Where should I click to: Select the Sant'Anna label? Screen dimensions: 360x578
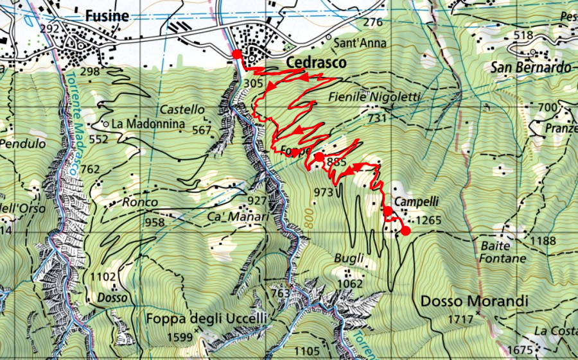point(361,44)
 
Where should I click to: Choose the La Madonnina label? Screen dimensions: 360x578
point(139,123)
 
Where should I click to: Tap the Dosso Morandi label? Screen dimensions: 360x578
point(474,301)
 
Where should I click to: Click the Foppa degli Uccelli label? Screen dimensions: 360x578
point(206,318)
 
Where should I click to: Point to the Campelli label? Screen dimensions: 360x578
point(416,201)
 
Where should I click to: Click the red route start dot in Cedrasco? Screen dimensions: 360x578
point(236,54)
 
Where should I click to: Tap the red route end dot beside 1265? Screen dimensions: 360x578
point(405,231)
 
